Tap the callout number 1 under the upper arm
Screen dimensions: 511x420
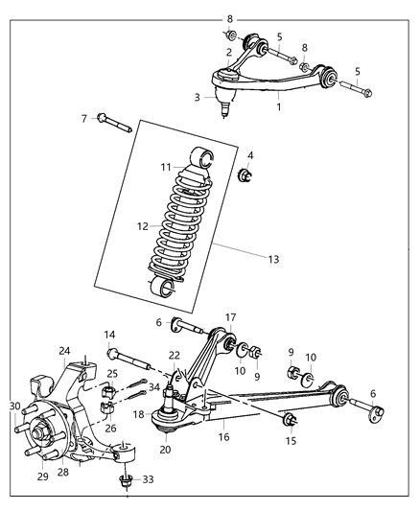(x=280, y=95)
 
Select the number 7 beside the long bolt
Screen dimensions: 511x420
(x=83, y=119)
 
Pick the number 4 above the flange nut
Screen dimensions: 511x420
(x=250, y=155)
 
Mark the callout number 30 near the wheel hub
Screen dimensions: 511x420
(x=14, y=406)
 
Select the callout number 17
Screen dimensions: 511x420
(x=230, y=317)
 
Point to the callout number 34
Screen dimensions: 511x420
(x=154, y=387)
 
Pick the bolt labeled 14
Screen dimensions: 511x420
(x=133, y=364)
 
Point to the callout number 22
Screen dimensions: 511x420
(x=174, y=355)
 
